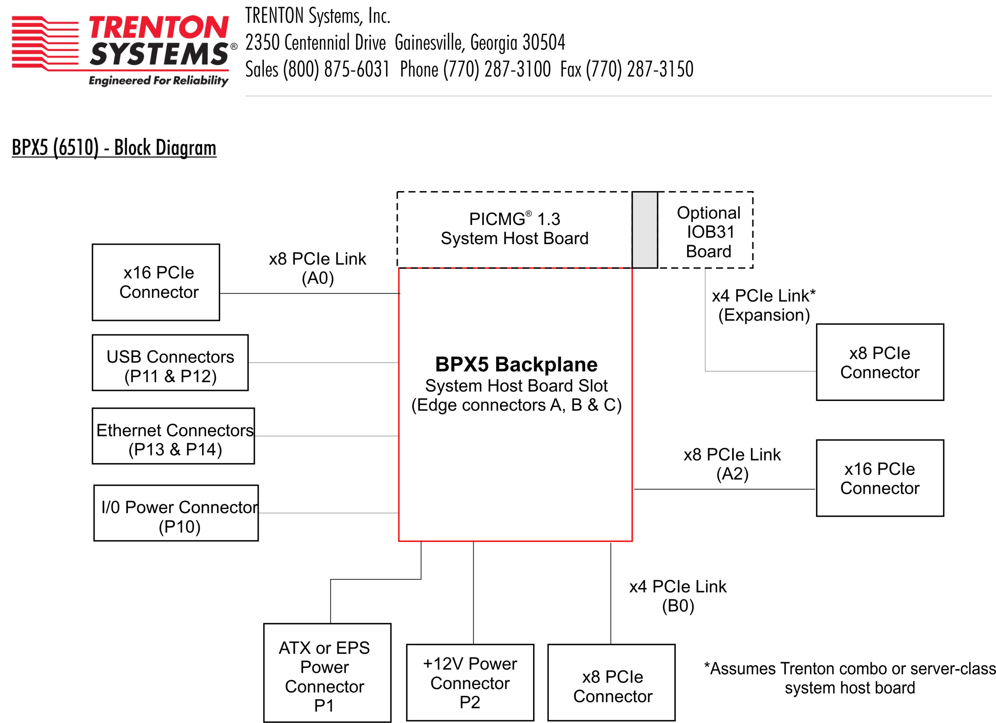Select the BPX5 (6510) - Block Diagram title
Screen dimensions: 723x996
point(114,147)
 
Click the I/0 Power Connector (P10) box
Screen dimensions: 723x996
point(176,513)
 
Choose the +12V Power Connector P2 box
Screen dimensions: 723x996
point(470,682)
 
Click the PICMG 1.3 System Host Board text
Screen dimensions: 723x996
point(514,229)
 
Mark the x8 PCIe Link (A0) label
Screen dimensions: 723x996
point(318,268)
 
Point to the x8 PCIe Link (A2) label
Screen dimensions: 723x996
point(732,464)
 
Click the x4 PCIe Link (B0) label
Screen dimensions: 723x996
point(678,596)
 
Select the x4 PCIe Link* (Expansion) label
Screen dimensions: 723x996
point(764,305)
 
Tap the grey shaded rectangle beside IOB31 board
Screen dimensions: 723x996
point(645,230)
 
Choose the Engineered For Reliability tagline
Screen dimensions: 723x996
point(158,80)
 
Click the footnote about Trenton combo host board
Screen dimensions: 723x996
point(849,678)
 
